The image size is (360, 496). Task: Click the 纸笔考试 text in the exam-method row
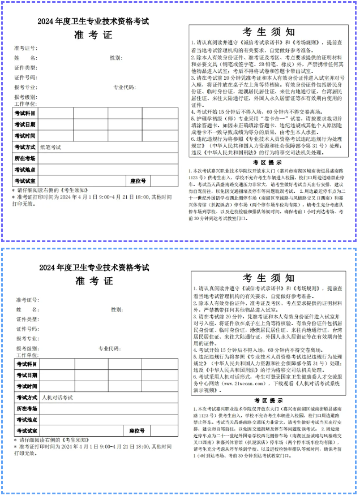(50, 147)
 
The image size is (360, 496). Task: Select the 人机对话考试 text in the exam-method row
(57, 398)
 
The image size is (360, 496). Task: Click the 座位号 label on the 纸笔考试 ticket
(138, 181)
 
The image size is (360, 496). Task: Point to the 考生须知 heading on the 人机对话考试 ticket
(269, 279)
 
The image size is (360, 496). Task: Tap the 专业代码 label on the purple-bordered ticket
(124, 88)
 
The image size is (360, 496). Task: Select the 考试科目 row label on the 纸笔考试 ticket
(25, 113)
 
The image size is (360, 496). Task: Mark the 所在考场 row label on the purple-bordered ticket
(25, 158)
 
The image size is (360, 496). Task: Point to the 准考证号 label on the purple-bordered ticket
(25, 48)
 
